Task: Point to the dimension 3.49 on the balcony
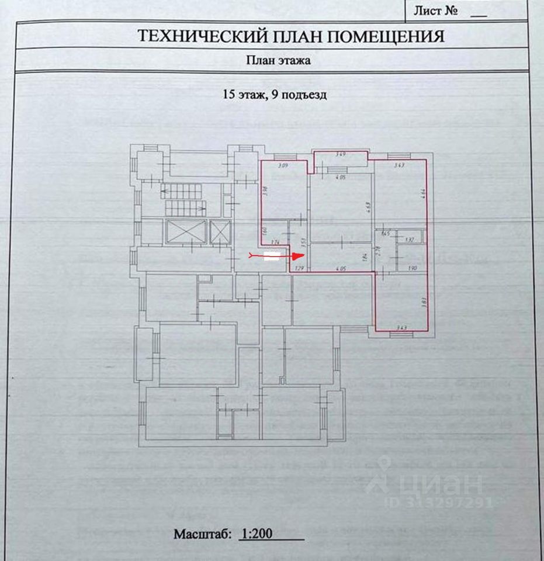(340, 155)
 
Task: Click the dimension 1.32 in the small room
(409, 240)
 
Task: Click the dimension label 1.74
(276, 242)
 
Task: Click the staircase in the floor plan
(185, 199)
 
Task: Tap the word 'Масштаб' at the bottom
(202, 534)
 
